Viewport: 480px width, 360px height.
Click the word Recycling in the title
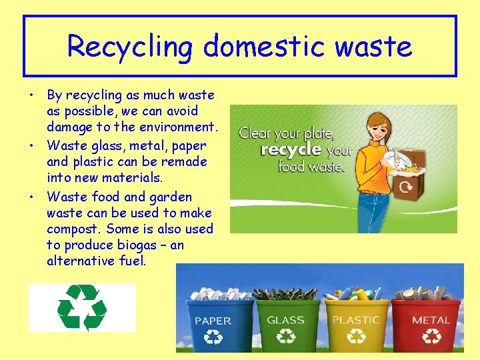click(x=131, y=47)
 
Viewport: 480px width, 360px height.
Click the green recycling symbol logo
click(x=82, y=307)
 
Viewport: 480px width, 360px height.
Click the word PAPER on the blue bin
click(x=213, y=321)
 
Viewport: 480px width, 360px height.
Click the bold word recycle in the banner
click(x=291, y=150)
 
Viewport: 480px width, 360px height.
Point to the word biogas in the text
click(x=129, y=245)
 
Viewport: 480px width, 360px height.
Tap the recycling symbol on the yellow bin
click(x=357, y=337)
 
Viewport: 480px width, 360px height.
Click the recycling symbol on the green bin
click(x=287, y=337)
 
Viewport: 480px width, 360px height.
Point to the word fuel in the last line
click(x=131, y=261)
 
